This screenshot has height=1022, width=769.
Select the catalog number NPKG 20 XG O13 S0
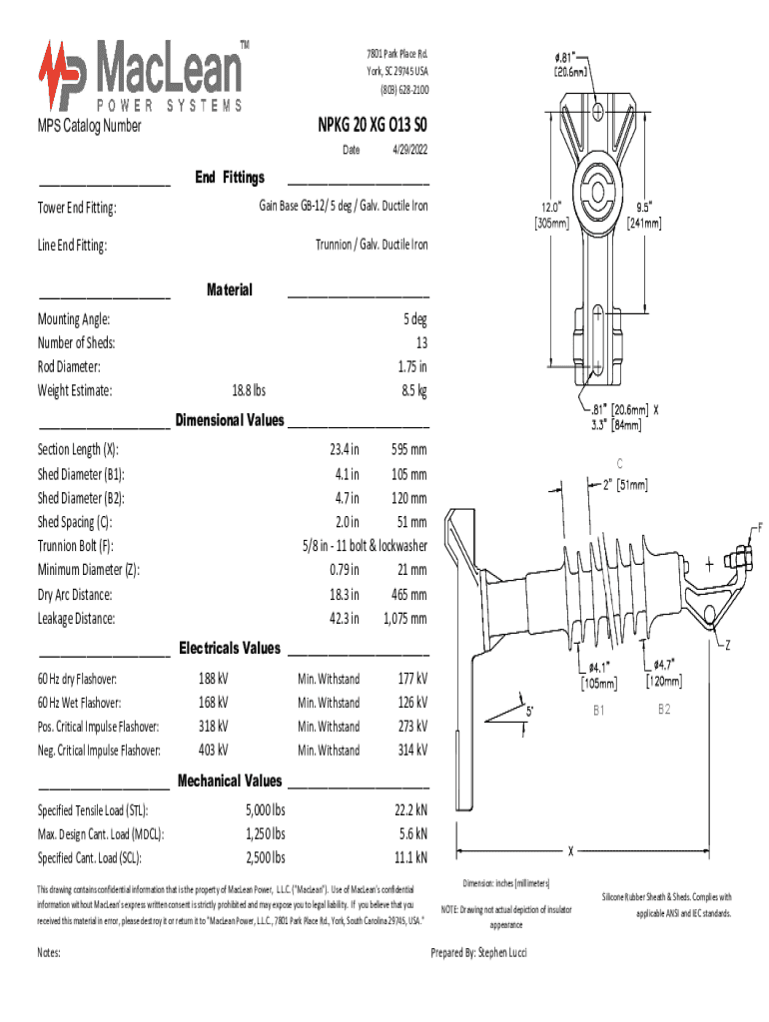tap(373, 125)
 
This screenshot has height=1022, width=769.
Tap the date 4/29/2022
tap(409, 149)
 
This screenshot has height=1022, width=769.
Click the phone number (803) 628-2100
tap(402, 91)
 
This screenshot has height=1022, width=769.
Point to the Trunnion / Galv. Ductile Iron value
tap(372, 245)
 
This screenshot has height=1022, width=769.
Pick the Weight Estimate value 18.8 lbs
tap(248, 391)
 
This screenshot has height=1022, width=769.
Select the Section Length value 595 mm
tap(408, 450)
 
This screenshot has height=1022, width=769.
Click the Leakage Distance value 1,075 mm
tap(404, 619)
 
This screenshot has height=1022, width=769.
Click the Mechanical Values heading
tap(230, 780)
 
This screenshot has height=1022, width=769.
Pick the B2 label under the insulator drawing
tap(664, 710)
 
